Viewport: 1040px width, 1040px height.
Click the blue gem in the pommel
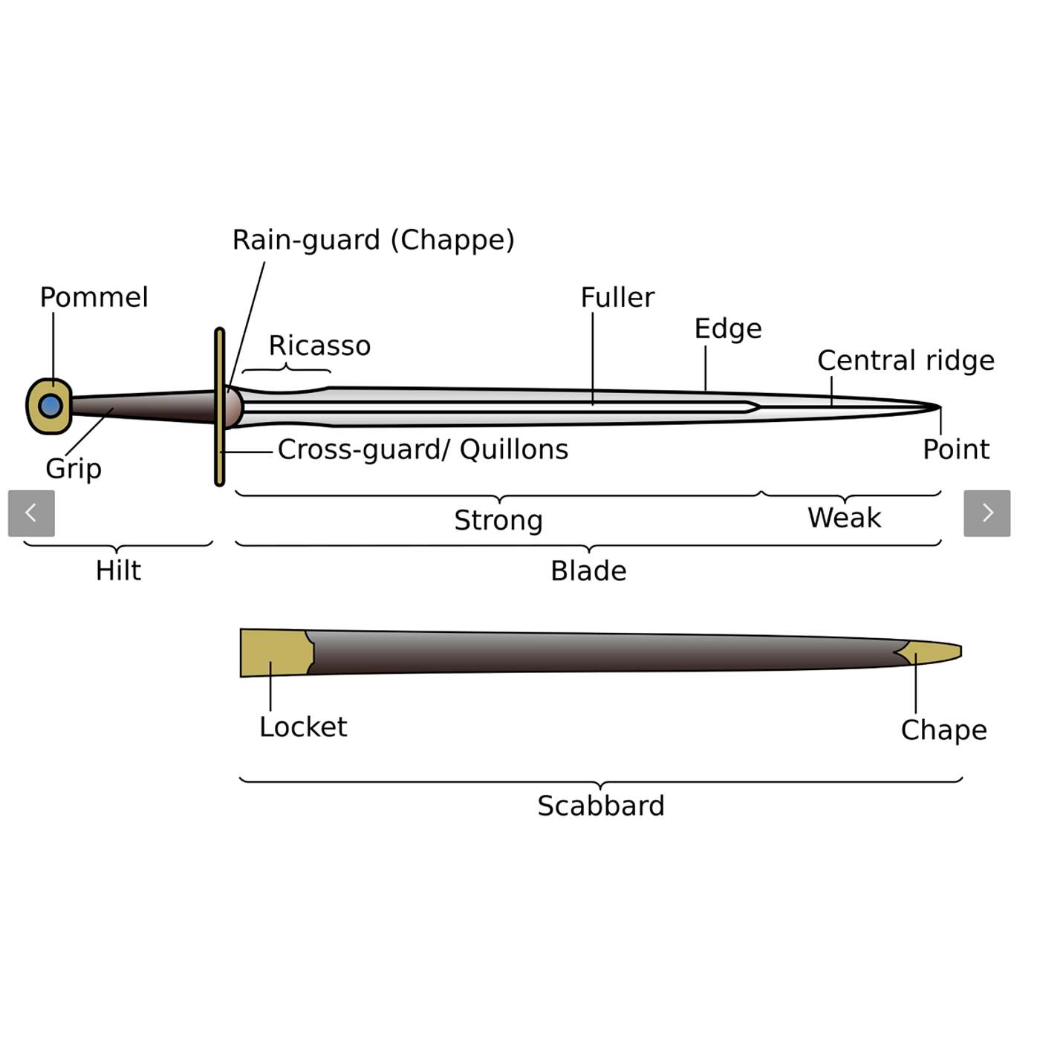pyautogui.click(x=51, y=406)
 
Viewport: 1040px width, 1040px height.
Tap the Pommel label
pyautogui.click(x=94, y=297)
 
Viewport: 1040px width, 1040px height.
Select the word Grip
pyautogui.click(x=73, y=469)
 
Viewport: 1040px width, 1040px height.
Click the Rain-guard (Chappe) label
pyautogui.click(x=373, y=240)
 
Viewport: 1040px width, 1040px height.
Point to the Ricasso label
pyautogui.click(x=319, y=345)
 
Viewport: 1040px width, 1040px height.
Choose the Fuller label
pyautogui.click(x=617, y=297)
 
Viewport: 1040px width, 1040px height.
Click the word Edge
pyautogui.click(x=727, y=328)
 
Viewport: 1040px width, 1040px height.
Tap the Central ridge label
pyautogui.click(x=906, y=360)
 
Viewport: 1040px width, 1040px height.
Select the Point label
pyautogui.click(x=955, y=449)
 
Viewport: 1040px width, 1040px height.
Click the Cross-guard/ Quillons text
pyautogui.click(x=423, y=449)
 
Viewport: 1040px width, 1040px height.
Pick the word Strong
pyautogui.click(x=498, y=520)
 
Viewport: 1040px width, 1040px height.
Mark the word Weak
pyautogui.click(x=844, y=517)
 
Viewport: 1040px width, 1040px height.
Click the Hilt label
pyautogui.click(x=118, y=571)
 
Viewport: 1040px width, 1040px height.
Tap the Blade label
pyautogui.click(x=588, y=571)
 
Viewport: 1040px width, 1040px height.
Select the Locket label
pyautogui.click(x=303, y=727)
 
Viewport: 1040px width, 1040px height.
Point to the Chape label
pyautogui.click(x=943, y=730)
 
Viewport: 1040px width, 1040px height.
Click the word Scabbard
pyautogui.click(x=601, y=805)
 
